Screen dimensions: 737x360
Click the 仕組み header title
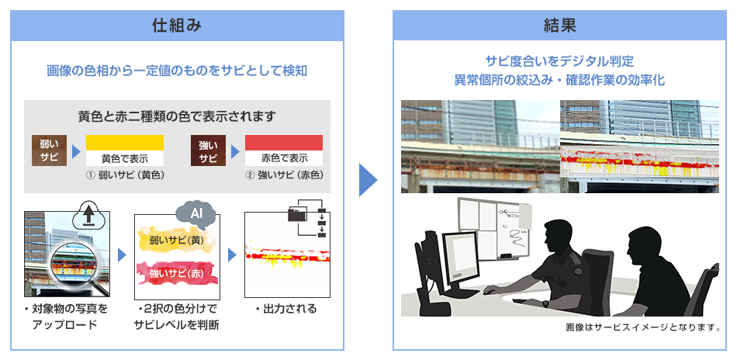pyautogui.click(x=177, y=26)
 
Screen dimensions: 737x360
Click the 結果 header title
pyautogui.click(x=559, y=26)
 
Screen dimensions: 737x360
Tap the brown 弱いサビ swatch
pyautogui.click(x=50, y=151)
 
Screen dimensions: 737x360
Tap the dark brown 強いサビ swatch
pyautogui.click(x=208, y=151)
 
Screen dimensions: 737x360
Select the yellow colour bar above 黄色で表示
pyautogui.click(x=125, y=143)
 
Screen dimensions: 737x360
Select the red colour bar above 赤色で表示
pyautogui.click(x=284, y=143)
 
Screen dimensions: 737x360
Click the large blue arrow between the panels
pyautogui.click(x=368, y=180)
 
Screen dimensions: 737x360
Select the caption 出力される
pyautogui.click(x=286, y=309)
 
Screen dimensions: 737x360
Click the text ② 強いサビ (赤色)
pyautogui.click(x=284, y=175)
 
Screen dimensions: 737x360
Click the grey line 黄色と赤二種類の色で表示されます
pyautogui.click(x=177, y=116)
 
